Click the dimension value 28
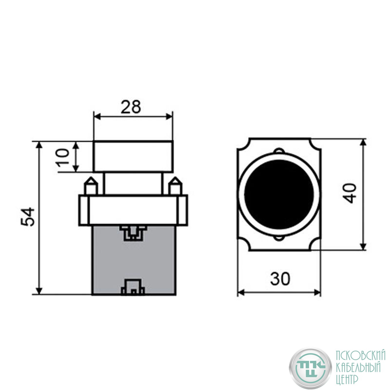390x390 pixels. tap(131, 107)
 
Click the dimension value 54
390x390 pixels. tap(28, 217)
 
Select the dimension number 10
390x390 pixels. tap(62, 157)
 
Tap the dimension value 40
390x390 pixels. tap(350, 194)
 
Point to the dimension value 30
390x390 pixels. tap(280, 278)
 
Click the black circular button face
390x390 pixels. tap(279, 194)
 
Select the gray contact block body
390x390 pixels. tap(134, 260)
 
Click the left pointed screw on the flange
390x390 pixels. tap(91, 186)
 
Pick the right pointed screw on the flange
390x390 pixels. tap(175, 186)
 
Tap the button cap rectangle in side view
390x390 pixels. tap(133, 156)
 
